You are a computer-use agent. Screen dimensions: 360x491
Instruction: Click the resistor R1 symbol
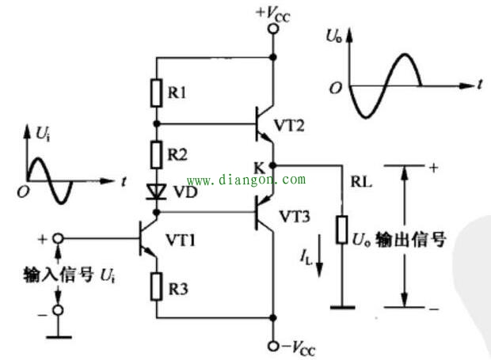(157, 92)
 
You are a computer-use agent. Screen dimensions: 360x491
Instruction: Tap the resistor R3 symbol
(157, 282)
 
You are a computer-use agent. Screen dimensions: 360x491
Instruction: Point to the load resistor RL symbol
(342, 229)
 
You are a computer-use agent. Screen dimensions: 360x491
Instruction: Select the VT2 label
(289, 125)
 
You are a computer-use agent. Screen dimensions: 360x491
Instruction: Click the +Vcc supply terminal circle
(272, 29)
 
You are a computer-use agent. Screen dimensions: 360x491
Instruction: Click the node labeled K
(272, 165)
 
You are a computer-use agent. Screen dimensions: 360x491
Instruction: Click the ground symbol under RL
(342, 305)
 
